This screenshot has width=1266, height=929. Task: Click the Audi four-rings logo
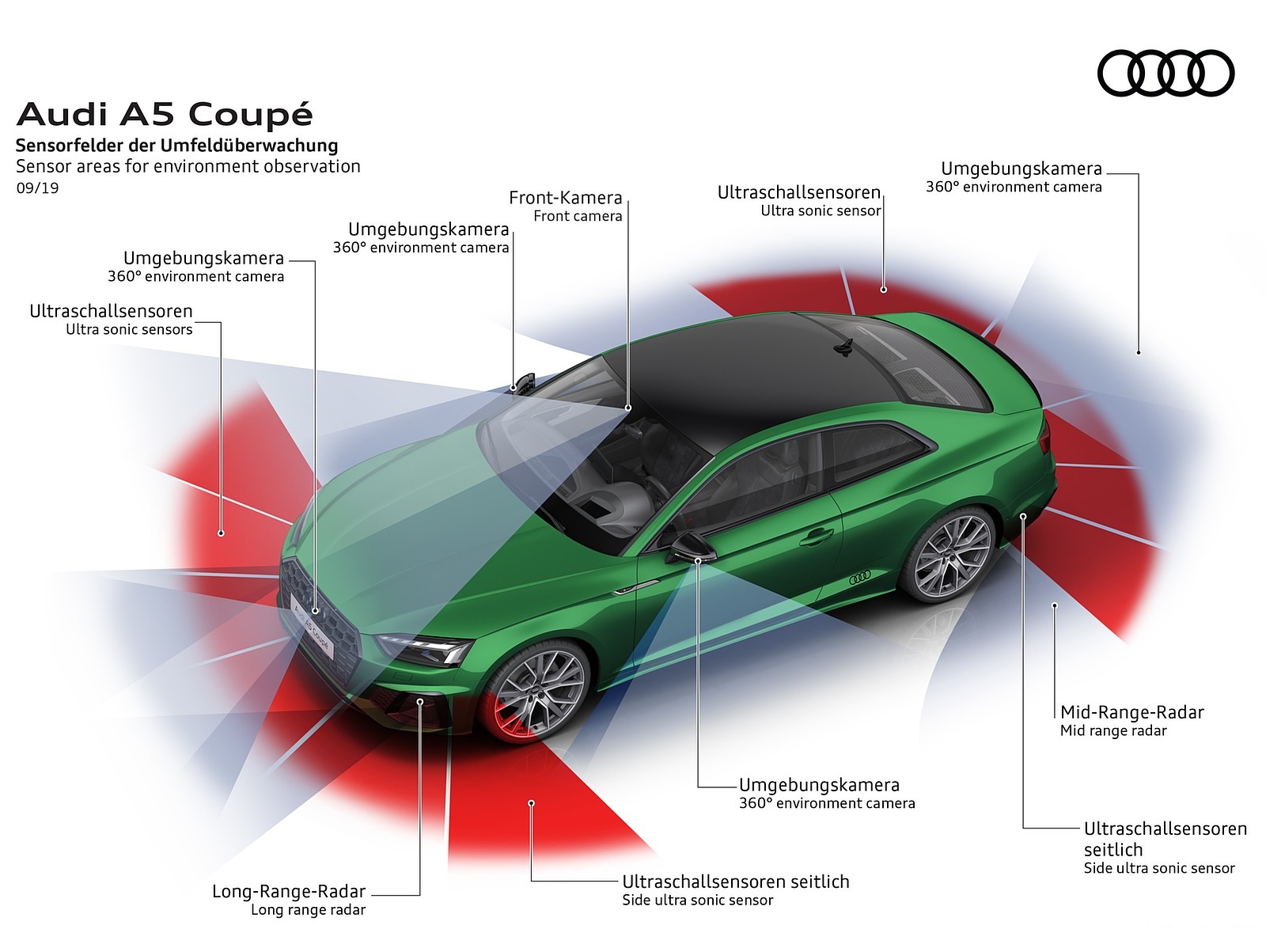click(x=1166, y=74)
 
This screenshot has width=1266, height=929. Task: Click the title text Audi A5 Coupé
click(x=165, y=115)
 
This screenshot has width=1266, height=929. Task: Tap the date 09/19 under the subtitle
click(x=37, y=188)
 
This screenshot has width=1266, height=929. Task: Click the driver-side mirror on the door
click(x=688, y=547)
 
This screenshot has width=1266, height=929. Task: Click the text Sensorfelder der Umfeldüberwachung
click(x=176, y=146)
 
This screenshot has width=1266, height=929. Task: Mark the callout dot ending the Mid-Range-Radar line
click(x=1055, y=605)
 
